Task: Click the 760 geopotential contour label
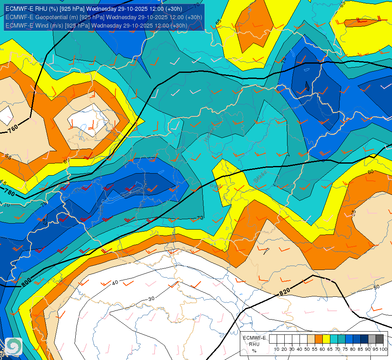coord(12,129)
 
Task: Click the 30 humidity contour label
coord(151,298)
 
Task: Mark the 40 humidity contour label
coord(115,282)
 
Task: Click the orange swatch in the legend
coord(319,339)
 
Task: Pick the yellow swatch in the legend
coord(326,339)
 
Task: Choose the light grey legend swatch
coord(372,339)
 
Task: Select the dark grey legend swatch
coord(380,339)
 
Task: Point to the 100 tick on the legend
coord(383,349)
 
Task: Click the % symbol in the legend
coord(254,350)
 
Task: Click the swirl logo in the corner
coord(14,346)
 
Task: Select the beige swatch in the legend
coord(311,339)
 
